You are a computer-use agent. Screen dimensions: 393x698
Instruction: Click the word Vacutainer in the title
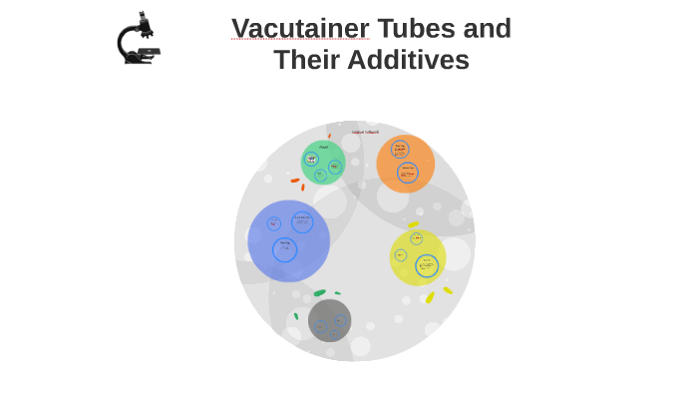coord(300,28)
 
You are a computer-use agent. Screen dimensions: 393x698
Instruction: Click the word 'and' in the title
coord(488,28)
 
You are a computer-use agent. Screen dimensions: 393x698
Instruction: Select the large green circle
coord(323,163)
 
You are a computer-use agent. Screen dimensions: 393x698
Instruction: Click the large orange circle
coord(406,164)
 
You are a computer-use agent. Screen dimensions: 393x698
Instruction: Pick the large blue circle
coord(288,241)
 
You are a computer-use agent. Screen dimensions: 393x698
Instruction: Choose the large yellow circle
coord(418,257)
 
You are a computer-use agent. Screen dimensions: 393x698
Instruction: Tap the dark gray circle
coord(329,321)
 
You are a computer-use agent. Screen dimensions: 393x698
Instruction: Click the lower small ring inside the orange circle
coord(408,173)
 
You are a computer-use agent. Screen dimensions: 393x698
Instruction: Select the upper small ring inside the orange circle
coord(400,150)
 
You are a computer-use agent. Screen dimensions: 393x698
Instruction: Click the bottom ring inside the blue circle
coord(285,249)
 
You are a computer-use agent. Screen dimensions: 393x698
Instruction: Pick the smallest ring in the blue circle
coord(274,224)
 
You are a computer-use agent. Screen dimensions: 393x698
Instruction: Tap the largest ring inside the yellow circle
coord(427,266)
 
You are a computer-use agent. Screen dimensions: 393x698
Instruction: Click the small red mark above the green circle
coord(329,136)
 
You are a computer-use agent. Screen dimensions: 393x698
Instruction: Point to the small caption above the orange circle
coord(365,132)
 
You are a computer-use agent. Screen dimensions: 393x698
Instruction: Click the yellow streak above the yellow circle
coord(413,225)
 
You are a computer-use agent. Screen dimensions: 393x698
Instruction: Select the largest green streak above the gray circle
coord(319,293)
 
